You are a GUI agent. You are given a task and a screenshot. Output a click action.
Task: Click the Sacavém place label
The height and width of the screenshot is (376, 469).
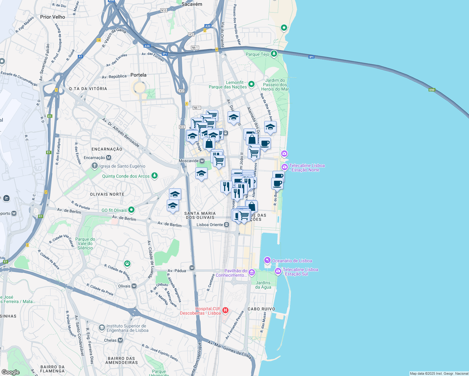(x=192, y=4)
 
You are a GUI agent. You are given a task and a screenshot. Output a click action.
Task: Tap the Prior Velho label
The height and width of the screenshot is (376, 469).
(x=53, y=17)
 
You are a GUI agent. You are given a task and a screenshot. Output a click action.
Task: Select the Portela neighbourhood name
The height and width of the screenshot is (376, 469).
(x=138, y=75)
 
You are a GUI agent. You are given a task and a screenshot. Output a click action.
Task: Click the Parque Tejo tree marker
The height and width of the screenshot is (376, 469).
(x=274, y=54)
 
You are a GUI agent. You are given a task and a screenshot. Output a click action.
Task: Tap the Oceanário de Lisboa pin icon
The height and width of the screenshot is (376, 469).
(x=267, y=260)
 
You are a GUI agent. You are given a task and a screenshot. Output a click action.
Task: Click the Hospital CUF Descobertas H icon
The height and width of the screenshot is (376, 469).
(x=225, y=311)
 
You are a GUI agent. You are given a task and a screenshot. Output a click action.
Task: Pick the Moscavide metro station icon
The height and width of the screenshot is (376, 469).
(x=202, y=161)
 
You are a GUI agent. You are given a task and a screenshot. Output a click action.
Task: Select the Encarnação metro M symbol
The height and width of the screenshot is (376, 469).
(x=109, y=158)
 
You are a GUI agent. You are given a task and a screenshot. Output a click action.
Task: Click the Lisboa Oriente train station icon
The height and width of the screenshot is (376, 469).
(x=226, y=225)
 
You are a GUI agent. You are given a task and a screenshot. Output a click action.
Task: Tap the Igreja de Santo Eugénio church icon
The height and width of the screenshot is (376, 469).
(x=95, y=166)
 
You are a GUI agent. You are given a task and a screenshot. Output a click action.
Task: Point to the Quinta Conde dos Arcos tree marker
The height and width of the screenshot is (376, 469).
(x=154, y=176)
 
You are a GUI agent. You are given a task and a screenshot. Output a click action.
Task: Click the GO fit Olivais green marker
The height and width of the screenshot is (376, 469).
(x=131, y=210)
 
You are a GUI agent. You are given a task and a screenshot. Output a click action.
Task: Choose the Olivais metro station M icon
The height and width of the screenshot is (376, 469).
(x=134, y=286)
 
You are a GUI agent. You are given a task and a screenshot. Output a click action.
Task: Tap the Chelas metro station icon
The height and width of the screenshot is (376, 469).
(x=120, y=340)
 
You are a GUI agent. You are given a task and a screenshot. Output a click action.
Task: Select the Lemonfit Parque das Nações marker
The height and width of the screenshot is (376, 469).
(x=251, y=84)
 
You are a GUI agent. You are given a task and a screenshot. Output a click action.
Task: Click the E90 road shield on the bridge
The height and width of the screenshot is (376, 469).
(x=432, y=90)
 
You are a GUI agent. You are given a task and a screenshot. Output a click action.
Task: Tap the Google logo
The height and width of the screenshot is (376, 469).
(x=11, y=372)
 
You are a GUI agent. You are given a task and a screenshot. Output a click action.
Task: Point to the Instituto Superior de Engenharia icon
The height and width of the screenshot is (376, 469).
(x=102, y=328)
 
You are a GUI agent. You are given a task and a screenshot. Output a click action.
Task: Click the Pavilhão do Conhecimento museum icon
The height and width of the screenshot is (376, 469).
(x=252, y=273)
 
